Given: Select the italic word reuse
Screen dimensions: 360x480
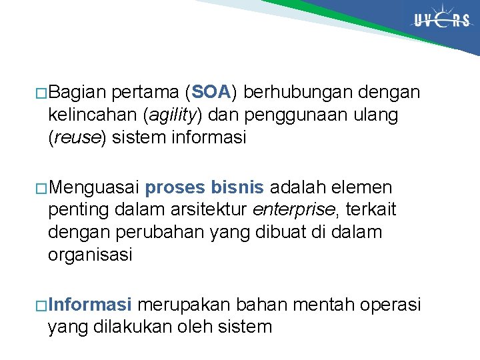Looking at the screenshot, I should (x=77, y=138).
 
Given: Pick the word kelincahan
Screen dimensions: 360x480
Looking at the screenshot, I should (x=93, y=115).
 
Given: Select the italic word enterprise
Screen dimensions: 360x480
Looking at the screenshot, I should (x=294, y=211).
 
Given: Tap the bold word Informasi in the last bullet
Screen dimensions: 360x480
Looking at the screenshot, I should (x=89, y=305).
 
